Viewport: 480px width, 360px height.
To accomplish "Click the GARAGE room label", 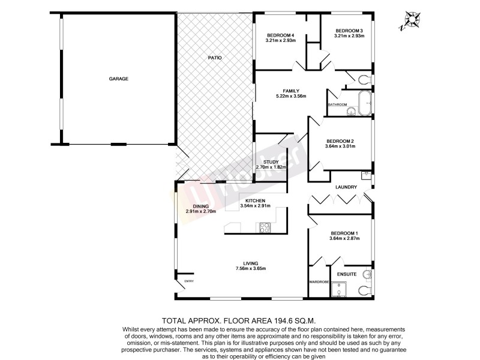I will pyautogui.click(x=119, y=79).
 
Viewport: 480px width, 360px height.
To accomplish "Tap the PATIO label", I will pyautogui.click(x=215, y=58).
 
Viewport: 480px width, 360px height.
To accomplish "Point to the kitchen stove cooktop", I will pyautogui.click(x=265, y=227).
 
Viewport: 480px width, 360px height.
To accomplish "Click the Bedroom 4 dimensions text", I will pyautogui.click(x=280, y=41).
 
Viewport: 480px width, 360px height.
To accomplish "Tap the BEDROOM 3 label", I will pyautogui.click(x=349, y=31).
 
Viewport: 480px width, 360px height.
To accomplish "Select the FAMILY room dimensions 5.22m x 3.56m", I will pyautogui.click(x=291, y=97).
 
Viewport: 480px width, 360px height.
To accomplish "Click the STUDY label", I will pyautogui.click(x=271, y=161).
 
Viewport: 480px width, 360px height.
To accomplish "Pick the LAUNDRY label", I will pyautogui.click(x=346, y=187).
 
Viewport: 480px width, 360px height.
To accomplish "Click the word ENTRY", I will pyautogui.click(x=189, y=281).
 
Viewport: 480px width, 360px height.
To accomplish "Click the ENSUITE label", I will pyautogui.click(x=347, y=274).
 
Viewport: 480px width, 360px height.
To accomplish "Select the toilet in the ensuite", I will pyautogui.click(x=364, y=290).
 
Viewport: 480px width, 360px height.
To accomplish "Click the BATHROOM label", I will pyautogui.click(x=337, y=104).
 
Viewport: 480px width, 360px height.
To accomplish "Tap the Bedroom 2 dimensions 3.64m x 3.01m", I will pyautogui.click(x=340, y=146).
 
